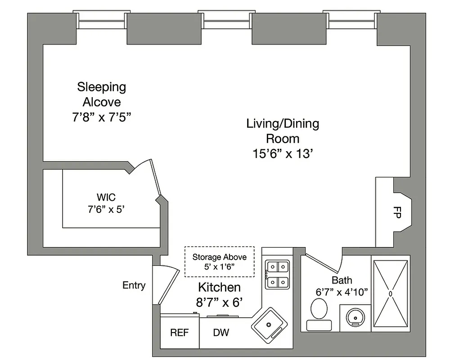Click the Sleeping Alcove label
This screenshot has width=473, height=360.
click(101, 94)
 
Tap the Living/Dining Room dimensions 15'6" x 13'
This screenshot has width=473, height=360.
click(282, 153)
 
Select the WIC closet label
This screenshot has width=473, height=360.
click(106, 197)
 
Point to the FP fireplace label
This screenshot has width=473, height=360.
click(397, 213)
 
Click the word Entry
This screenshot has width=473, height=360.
click(134, 285)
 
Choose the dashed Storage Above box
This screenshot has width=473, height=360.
click(219, 261)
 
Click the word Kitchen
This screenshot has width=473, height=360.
click(219, 287)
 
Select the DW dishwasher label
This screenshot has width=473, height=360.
click(221, 333)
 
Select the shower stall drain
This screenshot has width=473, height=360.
click(391, 293)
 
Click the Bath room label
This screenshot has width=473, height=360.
click(342, 280)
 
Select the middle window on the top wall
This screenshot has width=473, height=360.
click(225, 21)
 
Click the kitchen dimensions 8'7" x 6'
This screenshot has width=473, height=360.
click(219, 302)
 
